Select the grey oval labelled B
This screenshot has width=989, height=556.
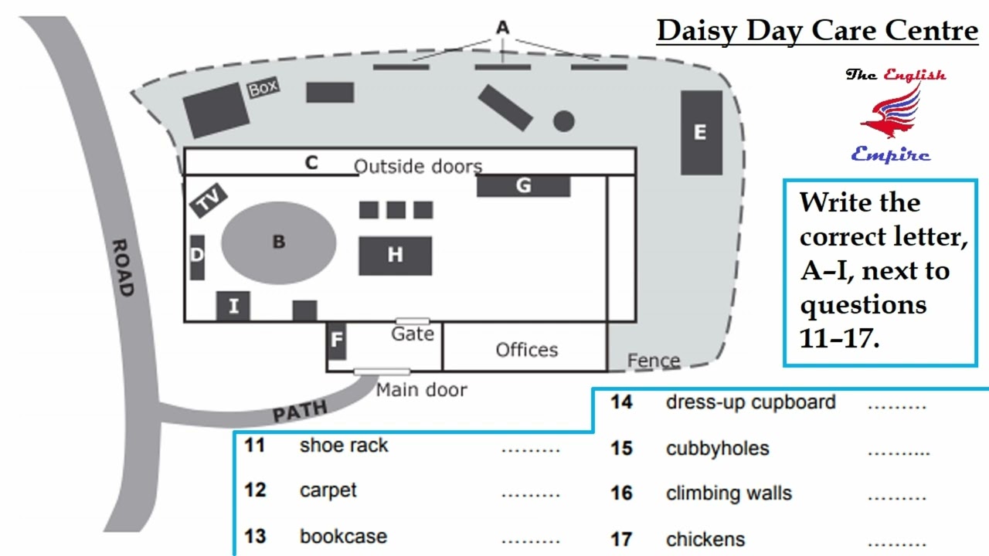(x=279, y=242)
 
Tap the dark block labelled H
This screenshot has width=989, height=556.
(x=395, y=256)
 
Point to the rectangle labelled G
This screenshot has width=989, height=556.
(x=523, y=186)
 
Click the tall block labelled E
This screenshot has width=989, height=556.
(x=701, y=133)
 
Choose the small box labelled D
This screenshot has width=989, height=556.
(x=197, y=256)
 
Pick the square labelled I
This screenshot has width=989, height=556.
(x=233, y=306)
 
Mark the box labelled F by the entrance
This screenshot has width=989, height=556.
(x=336, y=341)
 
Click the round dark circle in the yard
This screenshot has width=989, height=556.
(x=564, y=120)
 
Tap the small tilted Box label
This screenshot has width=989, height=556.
(x=263, y=89)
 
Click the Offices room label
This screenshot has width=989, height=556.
(x=526, y=350)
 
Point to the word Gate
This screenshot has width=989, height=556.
(x=413, y=334)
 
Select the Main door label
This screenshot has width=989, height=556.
(x=421, y=390)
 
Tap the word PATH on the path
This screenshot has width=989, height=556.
(x=300, y=411)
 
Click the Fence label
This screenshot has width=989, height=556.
(x=654, y=361)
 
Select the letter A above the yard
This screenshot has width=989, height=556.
(x=503, y=28)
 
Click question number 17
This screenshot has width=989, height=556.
(x=622, y=538)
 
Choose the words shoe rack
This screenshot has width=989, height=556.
(x=344, y=446)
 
